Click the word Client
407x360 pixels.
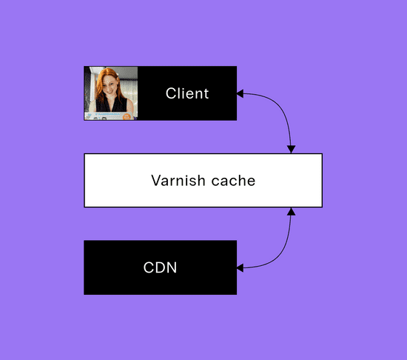187,93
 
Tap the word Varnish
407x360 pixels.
178,181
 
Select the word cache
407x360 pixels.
233,181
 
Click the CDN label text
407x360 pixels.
160,267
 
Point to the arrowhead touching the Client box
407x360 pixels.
240,94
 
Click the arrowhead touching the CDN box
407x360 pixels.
240,268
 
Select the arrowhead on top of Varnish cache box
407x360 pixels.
292,150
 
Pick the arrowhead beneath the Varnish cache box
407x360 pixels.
292,211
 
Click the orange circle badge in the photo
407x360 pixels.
127,116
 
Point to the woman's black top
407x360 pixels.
111,104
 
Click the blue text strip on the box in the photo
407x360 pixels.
107,114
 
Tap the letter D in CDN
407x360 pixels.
160,267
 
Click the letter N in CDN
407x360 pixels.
172,267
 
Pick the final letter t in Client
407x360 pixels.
206,94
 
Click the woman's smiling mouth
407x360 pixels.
110,91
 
